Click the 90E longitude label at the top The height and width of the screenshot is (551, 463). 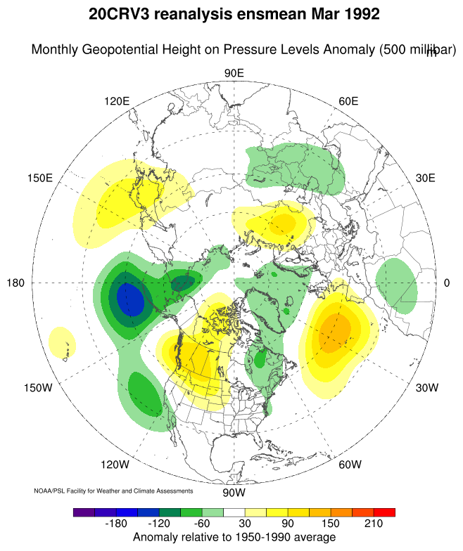(x=234, y=74)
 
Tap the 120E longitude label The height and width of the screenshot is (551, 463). (x=117, y=101)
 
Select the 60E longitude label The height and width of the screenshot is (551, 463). (x=349, y=101)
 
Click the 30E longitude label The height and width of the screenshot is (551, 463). (x=426, y=178)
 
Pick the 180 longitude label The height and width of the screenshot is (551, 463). (x=15, y=283)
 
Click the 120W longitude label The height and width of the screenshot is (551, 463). (x=115, y=465)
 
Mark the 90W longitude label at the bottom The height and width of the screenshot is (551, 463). (x=234, y=492)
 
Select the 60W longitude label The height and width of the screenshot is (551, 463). (x=350, y=465)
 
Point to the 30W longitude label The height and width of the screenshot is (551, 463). (x=427, y=388)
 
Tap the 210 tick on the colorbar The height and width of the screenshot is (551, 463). (x=374, y=524)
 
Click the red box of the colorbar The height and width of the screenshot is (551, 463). (x=384, y=512)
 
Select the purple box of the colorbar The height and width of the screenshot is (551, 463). (x=84, y=512)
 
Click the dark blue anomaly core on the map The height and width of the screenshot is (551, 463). (x=130, y=299)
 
